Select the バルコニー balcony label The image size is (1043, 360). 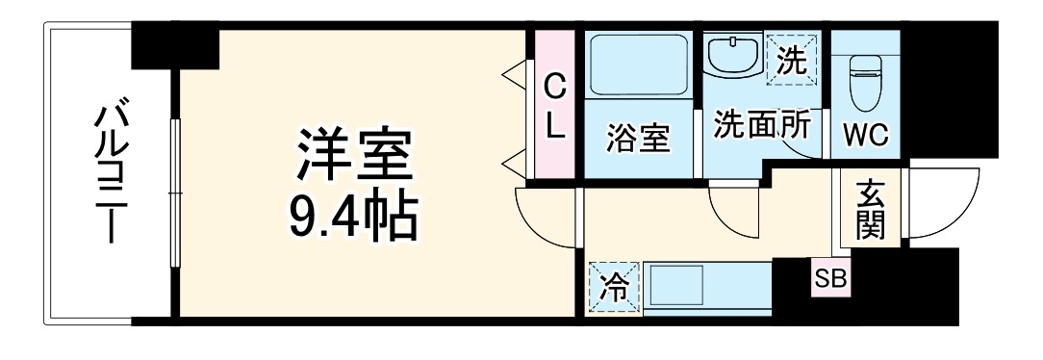pyautogui.click(x=108, y=173)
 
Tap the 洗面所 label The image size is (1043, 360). pyautogui.click(x=761, y=125)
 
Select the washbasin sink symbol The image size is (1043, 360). pyautogui.click(x=734, y=54)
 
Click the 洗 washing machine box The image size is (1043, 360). pyautogui.click(x=791, y=60)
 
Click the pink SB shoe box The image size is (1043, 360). pyautogui.click(x=830, y=278)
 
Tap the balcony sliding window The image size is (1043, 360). pyautogui.click(x=174, y=193)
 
